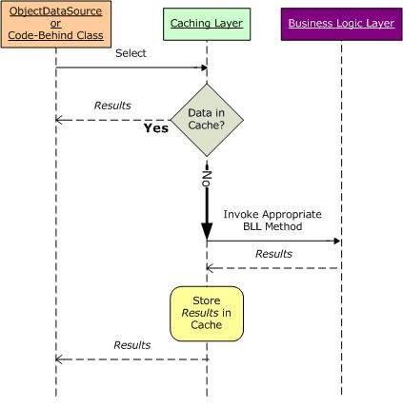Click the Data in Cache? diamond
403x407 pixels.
pyautogui.click(x=207, y=119)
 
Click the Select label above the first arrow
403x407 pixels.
pyautogui.click(x=131, y=54)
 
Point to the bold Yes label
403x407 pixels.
pyautogui.click(x=154, y=128)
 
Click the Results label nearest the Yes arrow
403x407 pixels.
pyautogui.click(x=111, y=105)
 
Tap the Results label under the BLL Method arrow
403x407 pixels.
pyautogui.click(x=273, y=254)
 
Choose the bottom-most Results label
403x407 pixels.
pyautogui.click(x=131, y=344)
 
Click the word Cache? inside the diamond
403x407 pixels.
pyautogui.click(x=207, y=125)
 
